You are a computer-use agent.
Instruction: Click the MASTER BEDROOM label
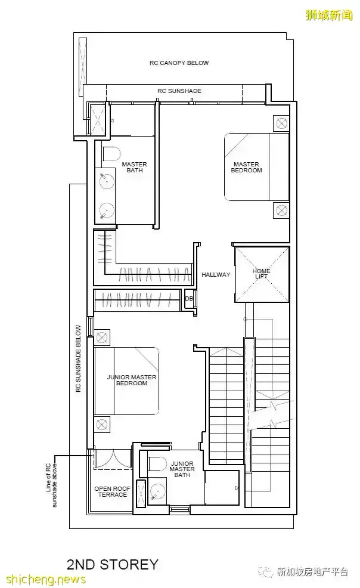(x=246, y=167)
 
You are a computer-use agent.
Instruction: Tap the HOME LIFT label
(x=261, y=273)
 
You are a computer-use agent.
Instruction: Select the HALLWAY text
(x=216, y=274)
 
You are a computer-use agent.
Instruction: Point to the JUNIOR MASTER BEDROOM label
(x=132, y=380)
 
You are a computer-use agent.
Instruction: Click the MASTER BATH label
(x=134, y=167)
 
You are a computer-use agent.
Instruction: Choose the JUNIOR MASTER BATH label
(x=182, y=469)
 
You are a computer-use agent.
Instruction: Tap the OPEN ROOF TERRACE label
(x=113, y=491)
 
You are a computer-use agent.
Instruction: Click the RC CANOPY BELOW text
(x=179, y=63)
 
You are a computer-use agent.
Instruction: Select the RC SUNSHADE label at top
(x=179, y=91)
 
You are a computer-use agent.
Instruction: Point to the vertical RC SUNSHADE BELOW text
(x=78, y=358)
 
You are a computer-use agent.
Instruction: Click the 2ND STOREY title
(x=113, y=564)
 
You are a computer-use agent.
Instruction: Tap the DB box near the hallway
(x=189, y=299)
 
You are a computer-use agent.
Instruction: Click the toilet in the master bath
(x=111, y=154)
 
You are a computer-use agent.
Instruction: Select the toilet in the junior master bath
(x=157, y=464)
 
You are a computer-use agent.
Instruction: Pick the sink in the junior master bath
(x=157, y=491)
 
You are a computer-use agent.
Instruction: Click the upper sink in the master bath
(x=107, y=180)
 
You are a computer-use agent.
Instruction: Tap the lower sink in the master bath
(x=107, y=210)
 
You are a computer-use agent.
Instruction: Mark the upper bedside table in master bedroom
(x=281, y=123)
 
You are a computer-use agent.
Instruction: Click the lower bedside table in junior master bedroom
(x=101, y=425)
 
